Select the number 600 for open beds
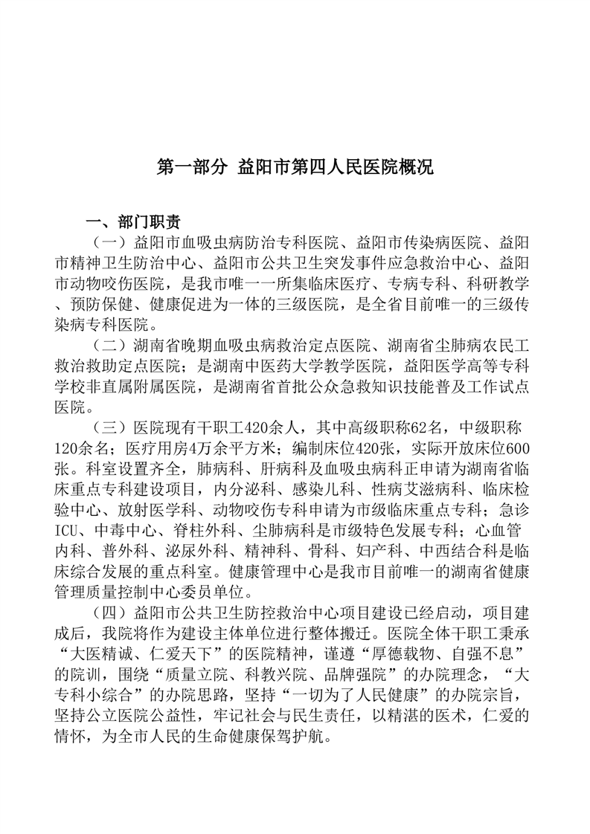pyautogui.click(x=516, y=449)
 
